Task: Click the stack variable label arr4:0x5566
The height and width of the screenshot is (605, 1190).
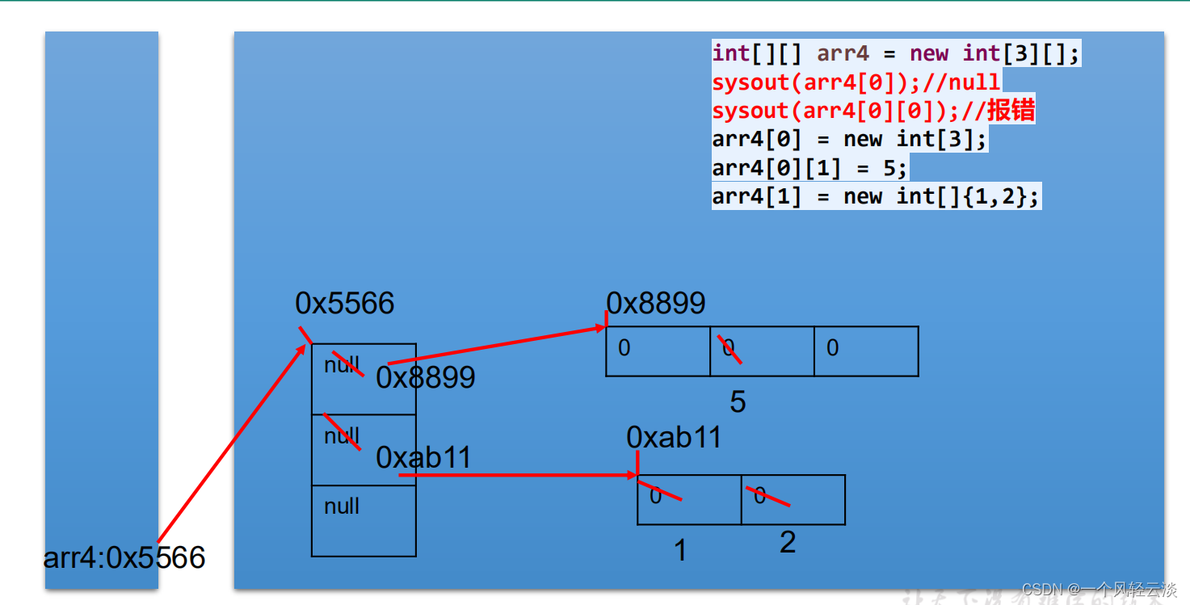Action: click(x=124, y=557)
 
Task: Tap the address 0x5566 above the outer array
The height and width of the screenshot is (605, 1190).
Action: click(x=345, y=304)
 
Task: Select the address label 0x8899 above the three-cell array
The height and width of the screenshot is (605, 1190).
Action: click(x=656, y=304)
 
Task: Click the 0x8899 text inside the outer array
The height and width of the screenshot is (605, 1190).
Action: click(x=426, y=377)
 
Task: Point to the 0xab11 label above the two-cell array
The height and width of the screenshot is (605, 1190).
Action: click(x=674, y=438)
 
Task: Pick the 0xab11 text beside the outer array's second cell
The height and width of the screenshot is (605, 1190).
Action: click(x=423, y=458)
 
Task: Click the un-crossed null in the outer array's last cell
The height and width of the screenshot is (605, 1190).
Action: click(x=342, y=506)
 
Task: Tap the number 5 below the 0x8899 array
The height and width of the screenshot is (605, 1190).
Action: click(x=738, y=402)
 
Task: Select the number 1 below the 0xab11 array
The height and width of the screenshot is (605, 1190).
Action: click(x=680, y=551)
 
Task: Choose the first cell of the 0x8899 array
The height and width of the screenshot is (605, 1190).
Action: click(x=658, y=351)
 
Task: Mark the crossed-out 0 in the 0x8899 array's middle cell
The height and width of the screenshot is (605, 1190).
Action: click(x=729, y=348)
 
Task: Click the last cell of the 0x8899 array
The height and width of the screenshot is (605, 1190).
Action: click(x=866, y=351)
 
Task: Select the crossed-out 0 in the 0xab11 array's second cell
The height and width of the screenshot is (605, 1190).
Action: click(x=760, y=496)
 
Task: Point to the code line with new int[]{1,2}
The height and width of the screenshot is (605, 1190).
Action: click(x=876, y=196)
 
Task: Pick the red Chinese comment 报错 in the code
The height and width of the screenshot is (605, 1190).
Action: click(x=1010, y=111)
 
